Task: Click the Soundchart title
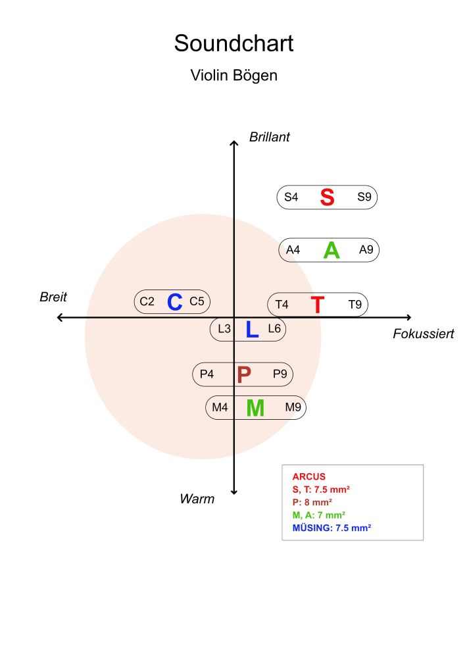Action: point(233,43)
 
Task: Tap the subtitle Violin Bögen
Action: point(233,75)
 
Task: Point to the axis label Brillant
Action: point(269,137)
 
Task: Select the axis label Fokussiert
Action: point(423,334)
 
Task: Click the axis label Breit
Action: point(53,297)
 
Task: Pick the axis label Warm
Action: point(197,499)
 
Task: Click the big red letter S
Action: point(327,197)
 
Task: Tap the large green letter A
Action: point(331,250)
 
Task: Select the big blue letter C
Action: point(174,302)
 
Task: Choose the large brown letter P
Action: point(244,374)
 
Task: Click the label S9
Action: point(364,197)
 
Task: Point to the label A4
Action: point(293,250)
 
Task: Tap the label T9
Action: point(355,305)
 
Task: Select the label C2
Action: point(147,302)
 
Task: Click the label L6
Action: point(274,328)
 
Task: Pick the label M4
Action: point(220,408)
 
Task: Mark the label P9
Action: point(280,374)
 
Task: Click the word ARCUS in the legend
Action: point(308,476)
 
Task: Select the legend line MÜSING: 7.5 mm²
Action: point(332,528)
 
